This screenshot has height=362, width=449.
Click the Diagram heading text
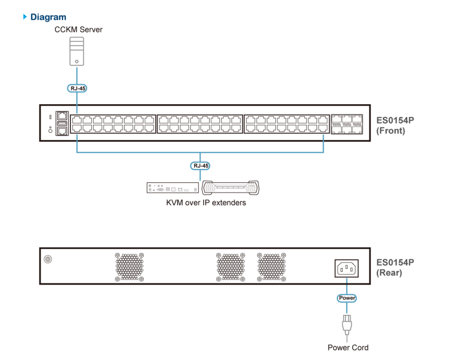point(48,17)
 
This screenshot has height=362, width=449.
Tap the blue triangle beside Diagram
point(25,17)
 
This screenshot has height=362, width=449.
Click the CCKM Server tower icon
point(77,51)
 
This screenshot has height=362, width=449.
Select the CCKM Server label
point(78,30)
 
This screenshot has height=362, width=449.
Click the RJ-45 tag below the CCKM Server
point(77,88)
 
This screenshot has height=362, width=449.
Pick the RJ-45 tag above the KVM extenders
point(200,166)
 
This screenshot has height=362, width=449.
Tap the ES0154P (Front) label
point(395,125)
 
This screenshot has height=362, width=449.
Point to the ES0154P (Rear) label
point(395,267)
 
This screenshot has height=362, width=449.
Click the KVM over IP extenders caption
point(206,203)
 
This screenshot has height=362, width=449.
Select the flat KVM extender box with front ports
point(172,188)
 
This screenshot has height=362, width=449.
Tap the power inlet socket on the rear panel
point(346,268)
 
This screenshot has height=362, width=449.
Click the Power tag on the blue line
point(346,298)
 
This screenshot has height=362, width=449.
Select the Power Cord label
point(348,348)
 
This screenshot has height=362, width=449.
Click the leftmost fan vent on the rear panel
point(129,267)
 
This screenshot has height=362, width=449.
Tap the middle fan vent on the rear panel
point(231,267)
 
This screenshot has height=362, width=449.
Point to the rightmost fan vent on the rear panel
point(271,267)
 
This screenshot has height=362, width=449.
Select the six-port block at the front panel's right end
point(347,124)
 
